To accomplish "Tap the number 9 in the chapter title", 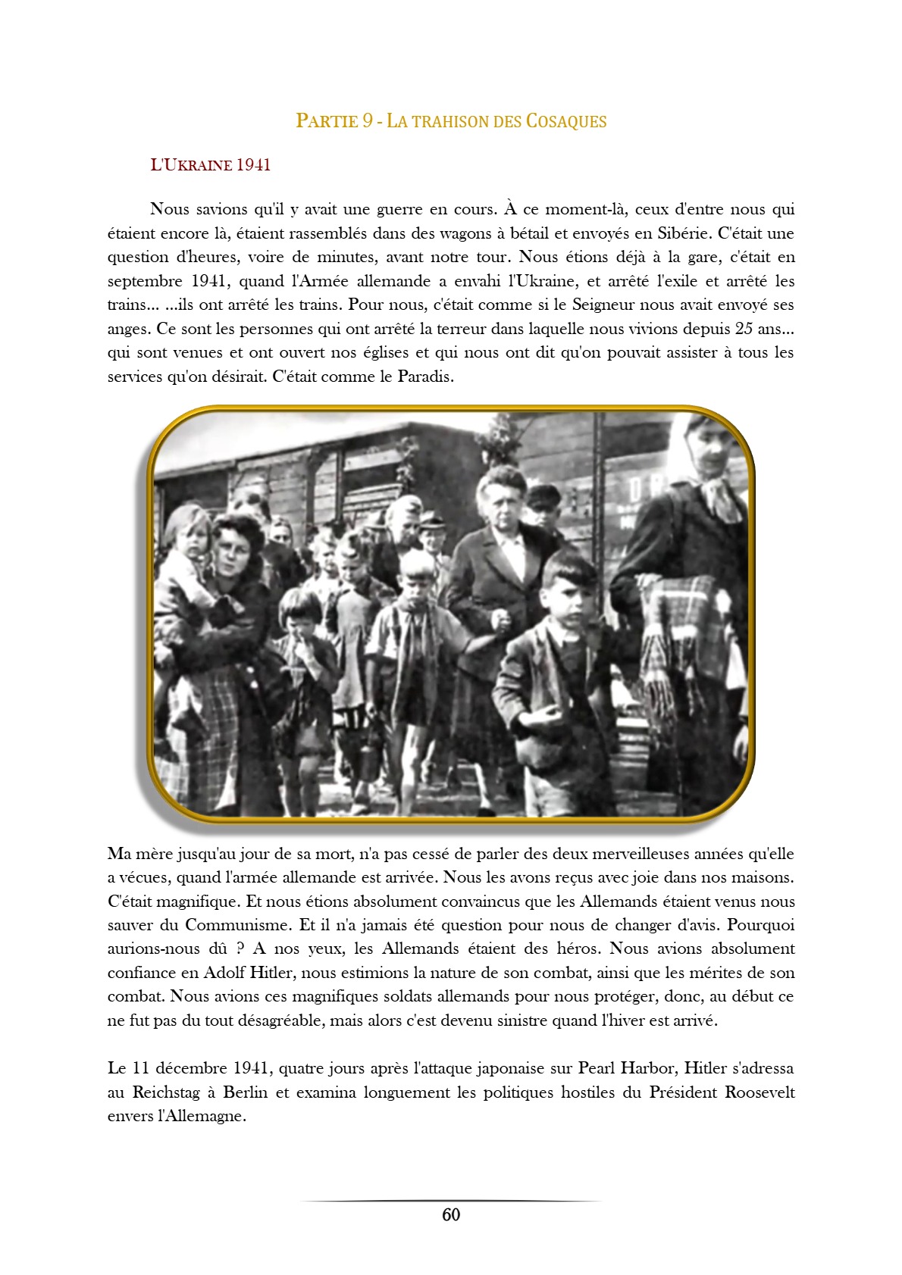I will (367, 121).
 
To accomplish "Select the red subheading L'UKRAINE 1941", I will (211, 165).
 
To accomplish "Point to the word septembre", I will (145, 281).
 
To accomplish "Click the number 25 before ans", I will (744, 329).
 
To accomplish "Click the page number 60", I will (451, 1215).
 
